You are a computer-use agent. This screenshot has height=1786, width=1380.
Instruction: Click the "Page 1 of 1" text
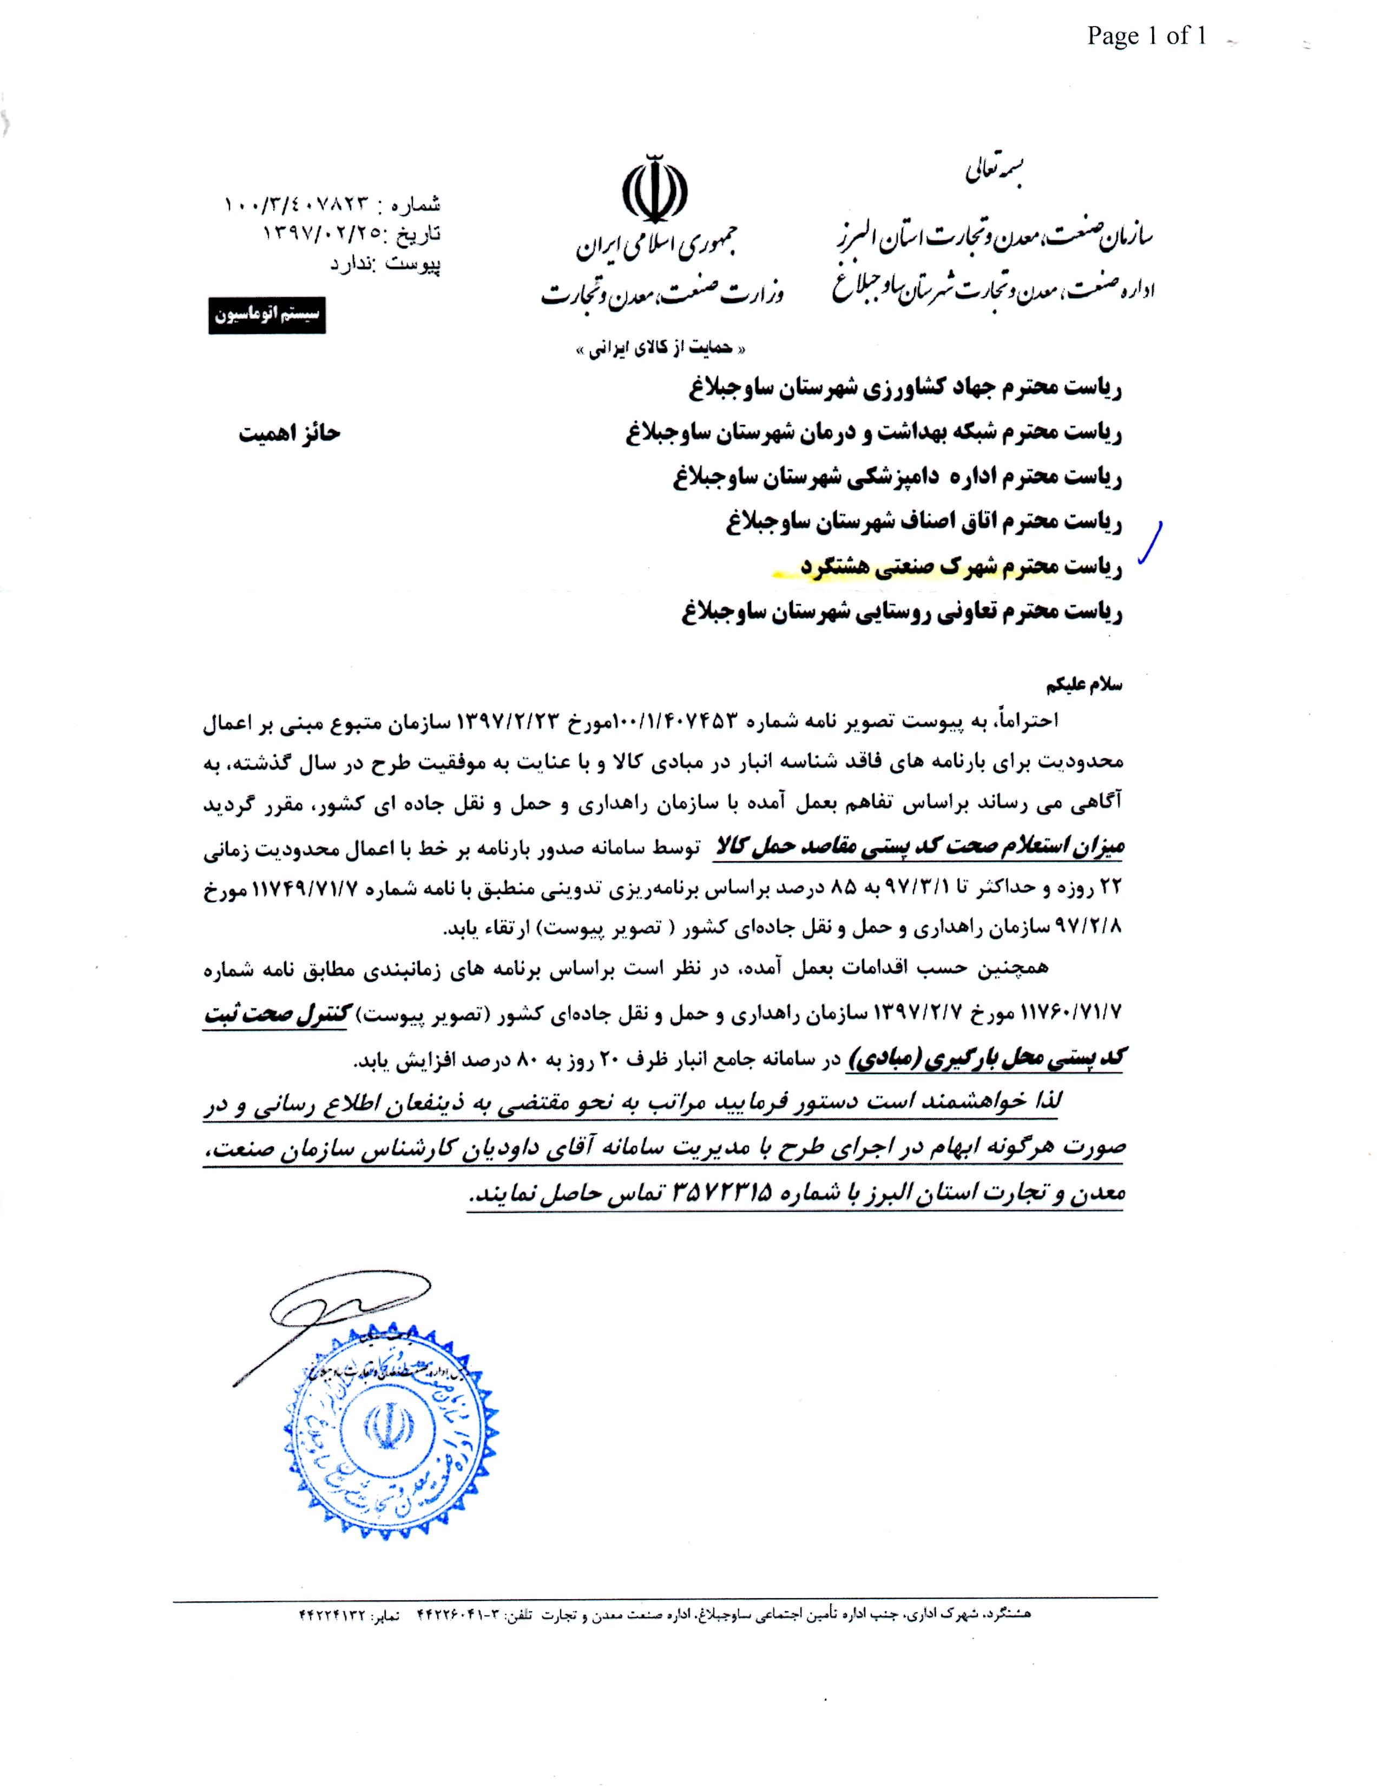tap(1146, 35)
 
